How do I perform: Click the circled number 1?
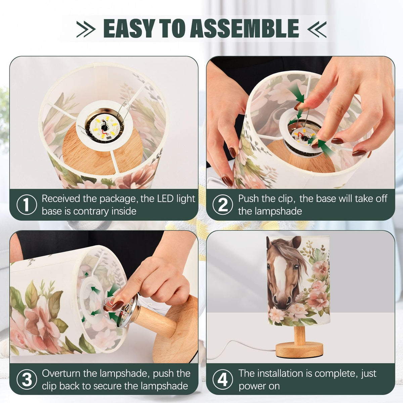pos(27,205)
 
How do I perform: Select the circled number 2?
pos(223,205)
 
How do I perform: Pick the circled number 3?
pos(27,379)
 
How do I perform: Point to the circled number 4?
pos(223,379)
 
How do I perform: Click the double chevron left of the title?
pos(86,29)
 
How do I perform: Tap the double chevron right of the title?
pos(317,29)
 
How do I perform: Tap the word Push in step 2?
pos(248,199)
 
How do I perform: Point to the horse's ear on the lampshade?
pos(296,242)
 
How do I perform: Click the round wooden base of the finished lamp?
pos(299,349)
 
